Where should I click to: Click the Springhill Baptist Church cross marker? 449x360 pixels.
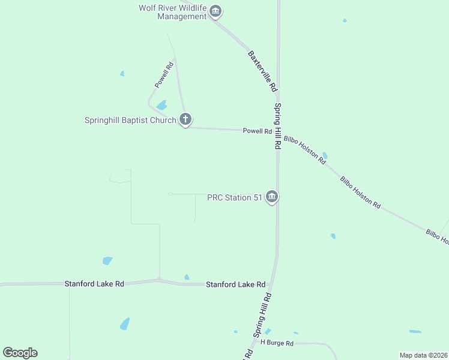click(x=185, y=119)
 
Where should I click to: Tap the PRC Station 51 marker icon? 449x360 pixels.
click(x=272, y=197)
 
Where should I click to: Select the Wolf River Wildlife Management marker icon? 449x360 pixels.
click(x=215, y=11)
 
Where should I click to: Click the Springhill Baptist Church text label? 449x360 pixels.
click(x=130, y=120)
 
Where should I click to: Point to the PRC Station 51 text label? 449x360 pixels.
click(x=235, y=197)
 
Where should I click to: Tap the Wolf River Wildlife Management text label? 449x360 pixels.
click(x=172, y=12)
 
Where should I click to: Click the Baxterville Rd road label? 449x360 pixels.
click(x=262, y=70)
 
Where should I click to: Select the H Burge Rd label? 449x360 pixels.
click(x=277, y=343)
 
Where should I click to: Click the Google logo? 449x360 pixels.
click(x=20, y=353)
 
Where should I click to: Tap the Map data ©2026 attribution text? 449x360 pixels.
click(x=423, y=355)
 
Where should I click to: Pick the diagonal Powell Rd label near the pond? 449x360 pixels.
click(x=164, y=74)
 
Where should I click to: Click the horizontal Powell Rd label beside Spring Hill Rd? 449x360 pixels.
click(x=258, y=131)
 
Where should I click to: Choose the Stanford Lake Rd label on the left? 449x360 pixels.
click(x=94, y=283)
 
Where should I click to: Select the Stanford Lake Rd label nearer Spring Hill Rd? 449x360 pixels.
click(x=235, y=284)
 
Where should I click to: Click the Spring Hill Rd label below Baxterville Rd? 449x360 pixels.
click(x=278, y=126)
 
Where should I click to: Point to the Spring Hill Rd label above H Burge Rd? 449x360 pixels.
click(x=263, y=314)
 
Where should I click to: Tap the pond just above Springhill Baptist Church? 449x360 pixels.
click(x=161, y=105)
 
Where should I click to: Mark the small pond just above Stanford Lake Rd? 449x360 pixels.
click(x=187, y=277)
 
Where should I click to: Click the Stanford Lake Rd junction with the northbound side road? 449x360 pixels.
click(x=159, y=280)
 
